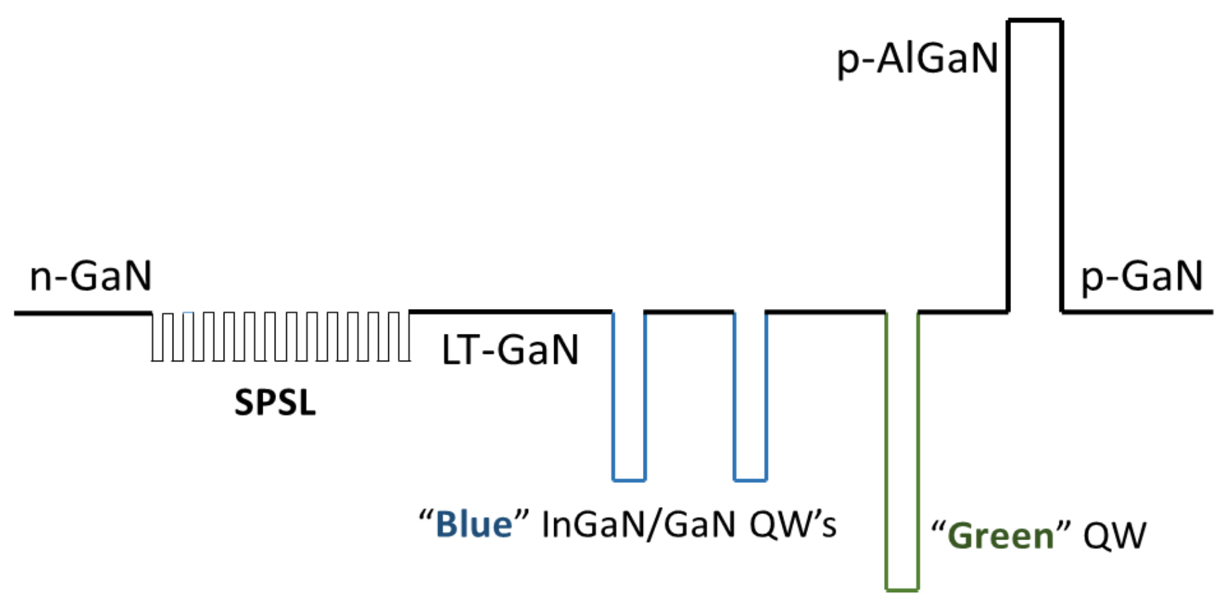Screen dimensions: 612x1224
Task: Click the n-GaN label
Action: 91,276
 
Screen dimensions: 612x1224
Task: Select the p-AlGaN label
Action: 917,59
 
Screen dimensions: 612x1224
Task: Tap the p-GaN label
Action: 1141,276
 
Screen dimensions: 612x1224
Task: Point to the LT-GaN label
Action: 510,350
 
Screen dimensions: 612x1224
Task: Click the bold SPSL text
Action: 275,403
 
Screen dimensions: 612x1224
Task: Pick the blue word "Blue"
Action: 474,525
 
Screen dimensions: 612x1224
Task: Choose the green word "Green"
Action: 1000,536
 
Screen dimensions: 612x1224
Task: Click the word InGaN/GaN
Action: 638,525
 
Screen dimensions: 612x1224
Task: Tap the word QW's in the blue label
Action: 793,525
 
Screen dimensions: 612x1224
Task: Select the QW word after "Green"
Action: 1114,536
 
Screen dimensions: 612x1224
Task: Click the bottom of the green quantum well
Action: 902,590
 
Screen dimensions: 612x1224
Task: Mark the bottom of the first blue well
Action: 629,480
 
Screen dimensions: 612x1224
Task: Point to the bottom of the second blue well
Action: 750,480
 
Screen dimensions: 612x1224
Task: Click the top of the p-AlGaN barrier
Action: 1035,21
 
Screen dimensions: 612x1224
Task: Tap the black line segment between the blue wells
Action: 689,312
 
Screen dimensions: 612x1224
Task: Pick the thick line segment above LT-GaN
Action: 511,312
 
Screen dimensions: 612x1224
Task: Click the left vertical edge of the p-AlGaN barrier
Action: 1008,168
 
